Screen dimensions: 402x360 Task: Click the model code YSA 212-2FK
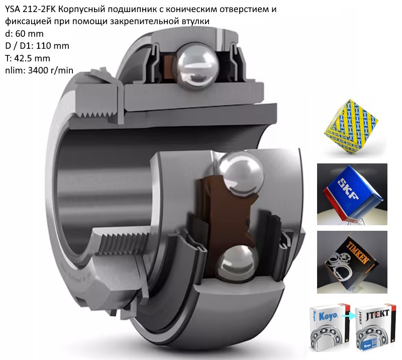(31, 9)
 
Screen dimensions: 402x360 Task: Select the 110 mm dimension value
(53, 46)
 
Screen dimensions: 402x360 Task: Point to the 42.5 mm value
(32, 58)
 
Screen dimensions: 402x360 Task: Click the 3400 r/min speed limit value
(51, 70)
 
